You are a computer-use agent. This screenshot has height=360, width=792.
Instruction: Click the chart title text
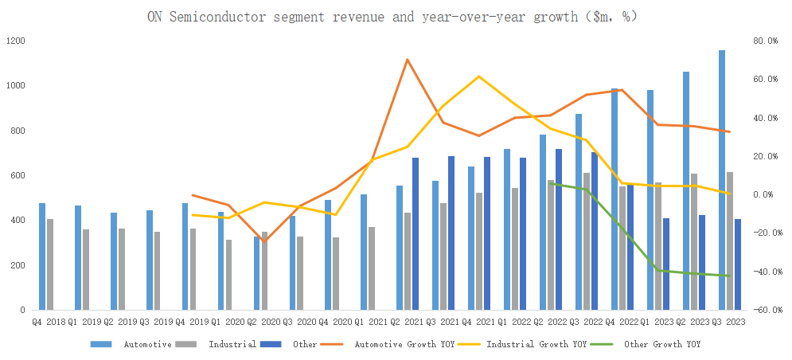pyautogui.click(x=392, y=16)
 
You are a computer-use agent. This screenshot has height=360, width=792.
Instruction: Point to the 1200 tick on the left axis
pyautogui.click(x=15, y=41)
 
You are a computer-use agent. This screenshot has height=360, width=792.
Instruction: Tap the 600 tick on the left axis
pyautogui.click(x=18, y=175)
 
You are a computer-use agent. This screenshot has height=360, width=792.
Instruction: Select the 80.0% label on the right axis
pyautogui.click(x=766, y=41)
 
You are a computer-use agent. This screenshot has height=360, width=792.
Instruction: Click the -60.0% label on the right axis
pyautogui.click(x=765, y=310)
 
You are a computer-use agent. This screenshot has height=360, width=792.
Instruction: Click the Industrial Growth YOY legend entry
pyautogui.click(x=521, y=345)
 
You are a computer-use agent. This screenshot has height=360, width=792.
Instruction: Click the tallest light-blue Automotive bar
pyautogui.click(x=722, y=180)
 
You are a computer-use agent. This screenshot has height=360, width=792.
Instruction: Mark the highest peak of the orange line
pyautogui.click(x=407, y=59)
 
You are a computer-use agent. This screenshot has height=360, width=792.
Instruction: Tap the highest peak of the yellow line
pyautogui.click(x=478, y=76)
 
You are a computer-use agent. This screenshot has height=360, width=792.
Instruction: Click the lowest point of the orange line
pyautogui.click(x=264, y=241)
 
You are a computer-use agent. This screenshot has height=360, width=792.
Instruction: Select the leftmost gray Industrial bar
pyautogui.click(x=50, y=264)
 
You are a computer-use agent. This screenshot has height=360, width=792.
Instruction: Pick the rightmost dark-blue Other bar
pyautogui.click(x=738, y=264)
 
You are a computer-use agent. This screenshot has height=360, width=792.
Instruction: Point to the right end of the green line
pyautogui.click(x=729, y=276)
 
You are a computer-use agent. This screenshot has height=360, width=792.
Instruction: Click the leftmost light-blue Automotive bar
pyautogui.click(x=42, y=256)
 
